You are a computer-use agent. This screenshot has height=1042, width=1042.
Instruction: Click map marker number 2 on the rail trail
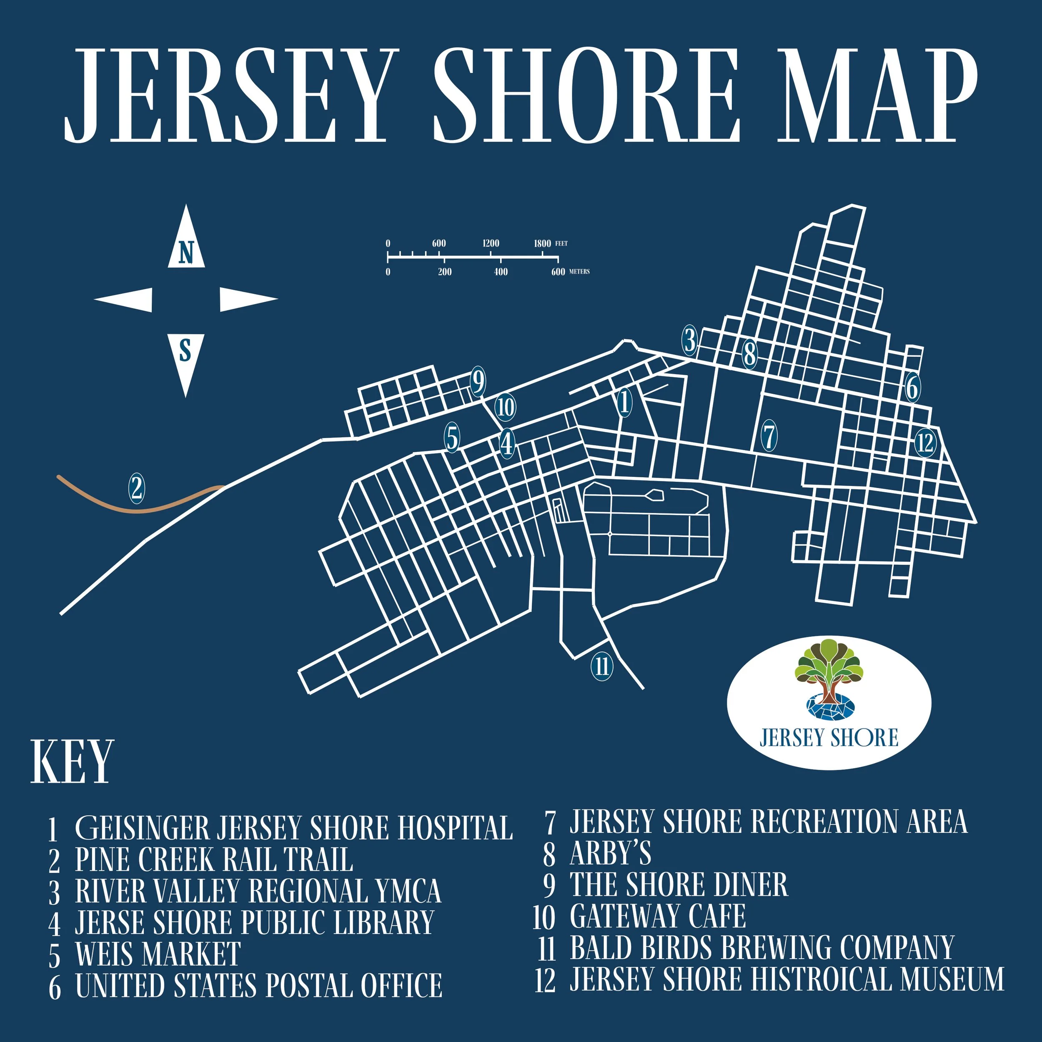(x=136, y=488)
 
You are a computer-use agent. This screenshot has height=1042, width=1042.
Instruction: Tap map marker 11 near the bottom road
(x=602, y=666)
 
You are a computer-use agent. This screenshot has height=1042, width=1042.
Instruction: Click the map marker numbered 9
(x=478, y=382)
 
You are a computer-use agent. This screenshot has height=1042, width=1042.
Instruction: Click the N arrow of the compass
(x=186, y=240)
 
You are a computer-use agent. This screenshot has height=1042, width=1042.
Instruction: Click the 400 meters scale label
(x=501, y=272)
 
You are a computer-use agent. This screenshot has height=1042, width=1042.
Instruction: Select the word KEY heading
(x=72, y=763)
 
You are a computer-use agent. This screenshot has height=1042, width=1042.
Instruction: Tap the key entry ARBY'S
(x=610, y=854)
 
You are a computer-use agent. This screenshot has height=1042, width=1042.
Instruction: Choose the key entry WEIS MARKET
(x=158, y=954)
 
